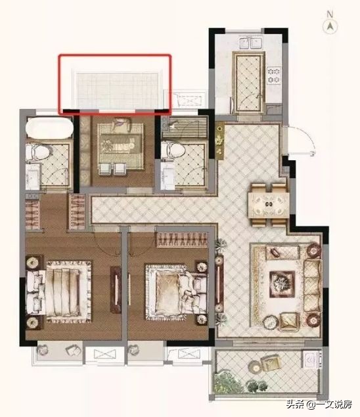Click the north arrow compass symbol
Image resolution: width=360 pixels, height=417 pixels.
coord(330,26)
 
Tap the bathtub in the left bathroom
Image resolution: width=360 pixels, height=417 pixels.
coord(49,127)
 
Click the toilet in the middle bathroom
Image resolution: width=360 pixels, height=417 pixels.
coord(173,151)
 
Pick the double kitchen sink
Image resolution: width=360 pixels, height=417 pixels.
coord(250,43)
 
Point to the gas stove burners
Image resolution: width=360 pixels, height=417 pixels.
coord(275,75)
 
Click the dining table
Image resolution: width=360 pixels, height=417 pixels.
coord(269,204)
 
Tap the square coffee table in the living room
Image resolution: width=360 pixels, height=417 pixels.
coord(282,284)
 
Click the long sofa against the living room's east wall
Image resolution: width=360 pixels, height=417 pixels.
coord(313,286)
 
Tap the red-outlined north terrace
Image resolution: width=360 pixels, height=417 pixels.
coord(115,84)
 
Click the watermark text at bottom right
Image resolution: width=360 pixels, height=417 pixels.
coord(319,405)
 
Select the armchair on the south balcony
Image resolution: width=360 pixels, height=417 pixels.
coord(271,362)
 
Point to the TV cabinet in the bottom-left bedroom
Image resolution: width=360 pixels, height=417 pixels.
coord(116,290)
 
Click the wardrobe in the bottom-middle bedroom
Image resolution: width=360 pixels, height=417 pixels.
coord(182,240)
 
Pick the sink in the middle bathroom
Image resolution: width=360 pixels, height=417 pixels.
coord(167,175)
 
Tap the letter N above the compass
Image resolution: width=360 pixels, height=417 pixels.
coord(330,14)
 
